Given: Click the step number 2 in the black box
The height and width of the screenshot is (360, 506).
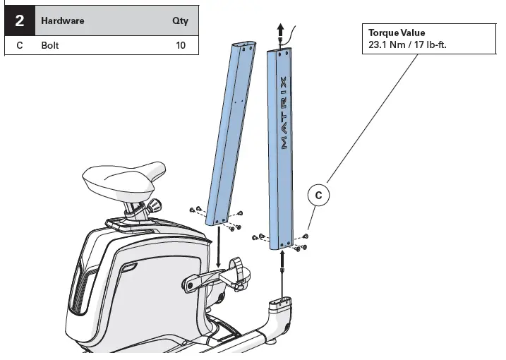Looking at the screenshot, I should pyautogui.click(x=20, y=21).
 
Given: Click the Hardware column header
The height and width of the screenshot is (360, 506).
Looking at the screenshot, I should pyautogui.click(x=62, y=21).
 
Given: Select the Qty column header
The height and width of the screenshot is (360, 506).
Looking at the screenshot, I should pyautogui.click(x=180, y=21).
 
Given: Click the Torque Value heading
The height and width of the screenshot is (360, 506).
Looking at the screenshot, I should pyautogui.click(x=397, y=32).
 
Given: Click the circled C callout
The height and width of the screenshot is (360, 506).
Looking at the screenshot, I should pyautogui.click(x=318, y=196).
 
